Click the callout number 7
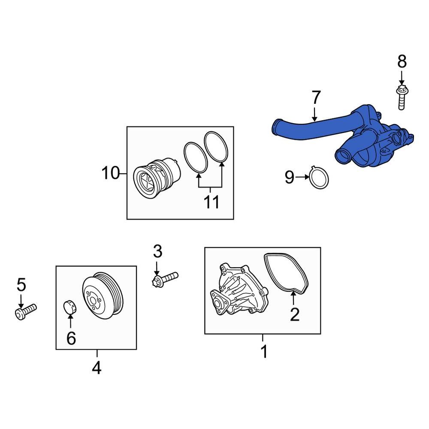pos(316,98)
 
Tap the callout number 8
pos(402,62)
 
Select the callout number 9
pos(290,177)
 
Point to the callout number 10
pos(110,173)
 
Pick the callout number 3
pos(157,251)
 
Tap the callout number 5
pos(21,284)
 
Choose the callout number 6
pos(71,338)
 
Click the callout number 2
pos(294,314)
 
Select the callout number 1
pos(264,351)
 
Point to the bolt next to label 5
pos(26,311)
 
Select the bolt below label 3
pos(165,278)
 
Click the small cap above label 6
pos(69,307)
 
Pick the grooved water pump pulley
pos(103,296)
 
